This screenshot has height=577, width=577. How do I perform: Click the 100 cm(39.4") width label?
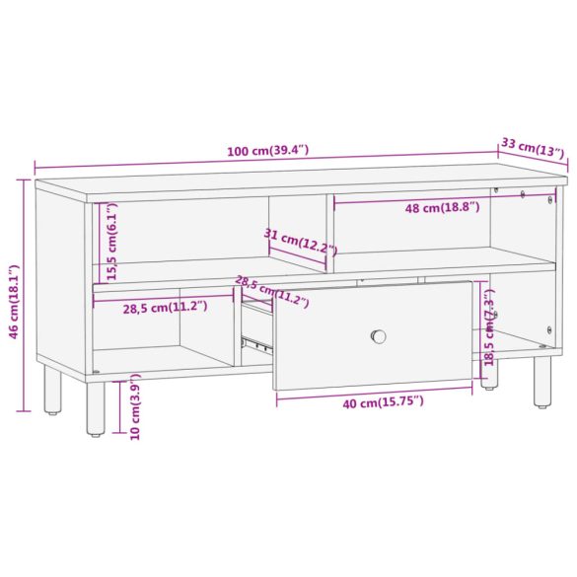(267, 151)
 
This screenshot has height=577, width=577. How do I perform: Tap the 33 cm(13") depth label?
(532, 147)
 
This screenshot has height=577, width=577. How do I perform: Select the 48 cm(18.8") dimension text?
(442, 207)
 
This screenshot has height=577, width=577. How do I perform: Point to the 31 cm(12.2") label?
(295, 240)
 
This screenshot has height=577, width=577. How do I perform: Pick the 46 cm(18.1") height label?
(14, 302)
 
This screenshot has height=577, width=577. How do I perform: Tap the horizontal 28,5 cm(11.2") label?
(165, 307)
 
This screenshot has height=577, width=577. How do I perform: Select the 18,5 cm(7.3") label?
(488, 327)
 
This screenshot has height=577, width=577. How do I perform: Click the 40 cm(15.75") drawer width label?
(376, 401)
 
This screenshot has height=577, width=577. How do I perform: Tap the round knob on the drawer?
(379, 336)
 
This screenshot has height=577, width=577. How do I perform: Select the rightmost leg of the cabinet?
(542, 383)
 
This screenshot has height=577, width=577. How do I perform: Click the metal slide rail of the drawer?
(256, 344)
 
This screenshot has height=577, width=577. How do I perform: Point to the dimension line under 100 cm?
(266, 162)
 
